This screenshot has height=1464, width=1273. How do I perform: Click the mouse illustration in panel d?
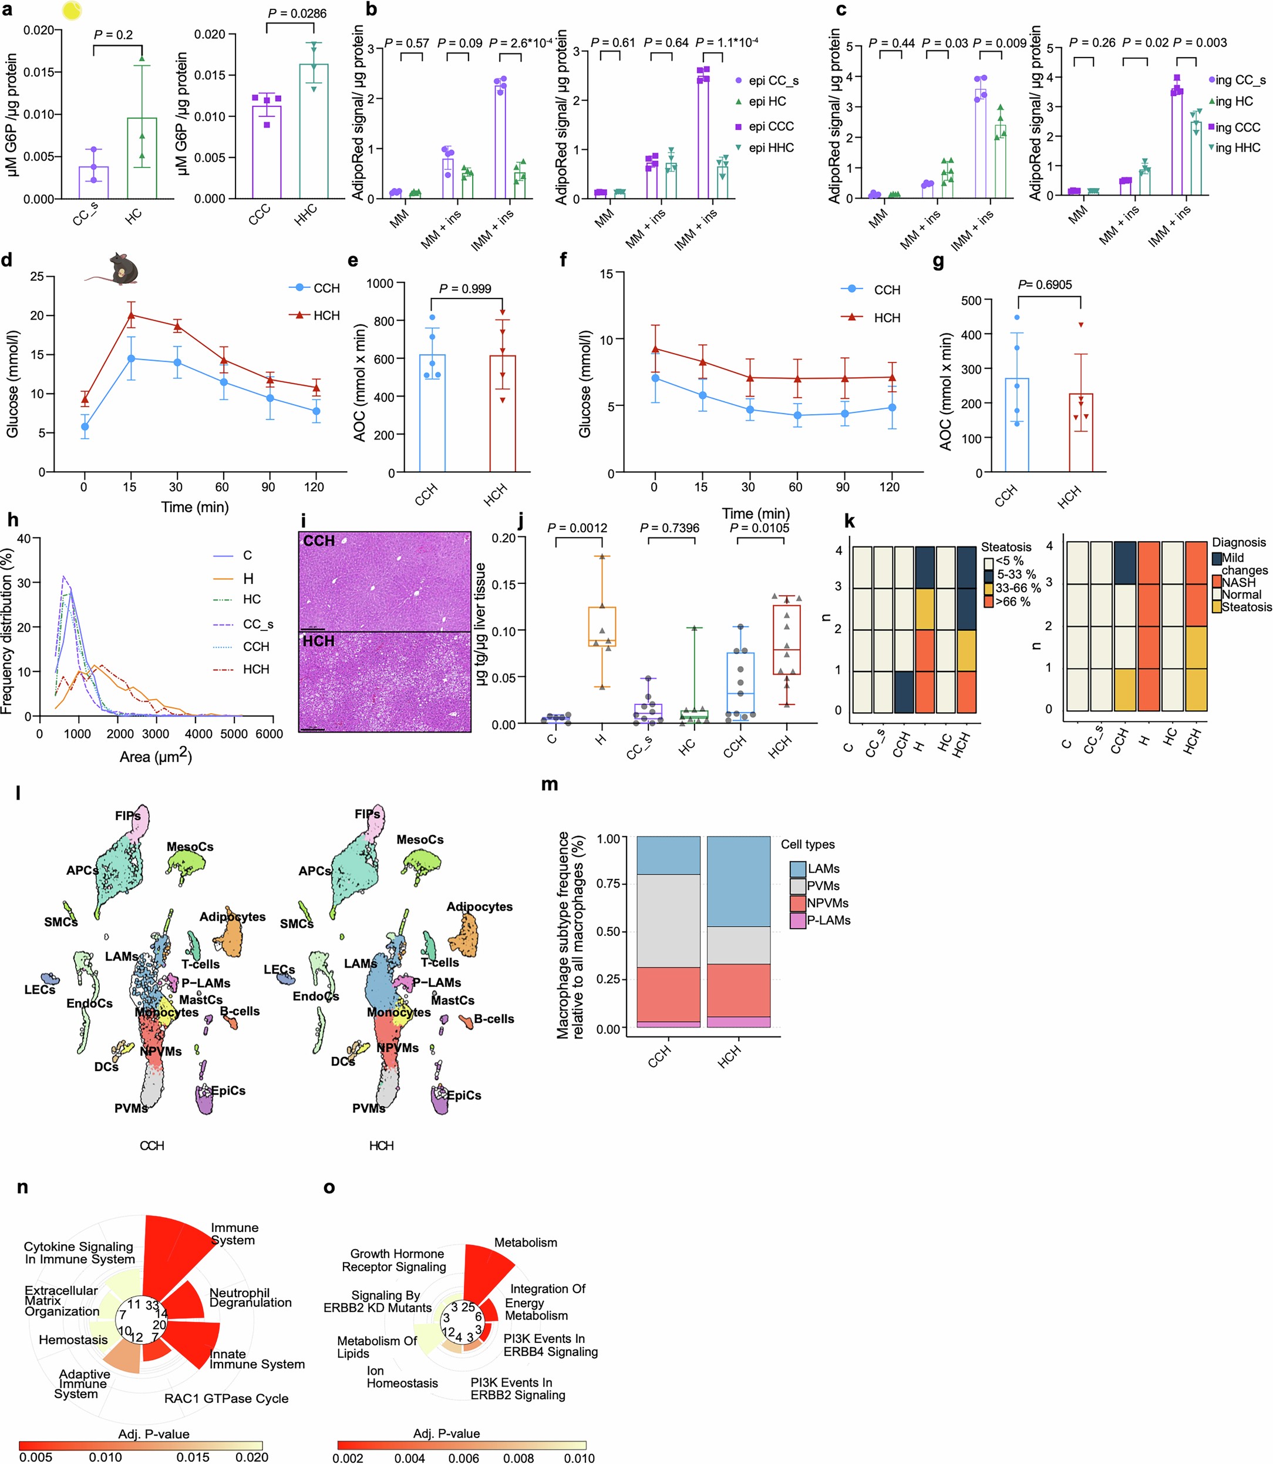tap(116, 268)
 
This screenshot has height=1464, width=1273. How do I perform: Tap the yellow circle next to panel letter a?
tap(72, 10)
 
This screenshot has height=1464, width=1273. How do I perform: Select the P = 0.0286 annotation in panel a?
tap(297, 14)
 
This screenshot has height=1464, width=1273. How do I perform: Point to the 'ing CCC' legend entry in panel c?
tap(1237, 127)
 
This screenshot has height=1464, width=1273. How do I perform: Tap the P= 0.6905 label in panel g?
tap(1045, 284)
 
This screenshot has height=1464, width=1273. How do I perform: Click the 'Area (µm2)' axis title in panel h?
tap(156, 757)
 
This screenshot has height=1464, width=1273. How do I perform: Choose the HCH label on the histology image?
tap(318, 641)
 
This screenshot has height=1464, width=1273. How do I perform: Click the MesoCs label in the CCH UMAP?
tap(190, 847)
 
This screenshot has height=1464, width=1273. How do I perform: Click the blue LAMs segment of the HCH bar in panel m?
tap(739, 881)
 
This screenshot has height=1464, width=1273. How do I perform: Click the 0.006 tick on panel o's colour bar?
tap(464, 1458)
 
